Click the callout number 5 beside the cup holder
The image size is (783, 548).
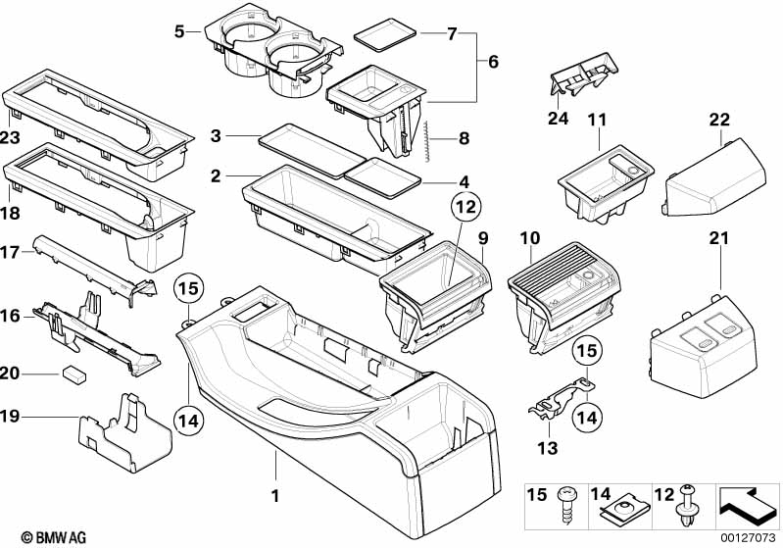click(179, 32)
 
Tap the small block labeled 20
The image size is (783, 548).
click(74, 374)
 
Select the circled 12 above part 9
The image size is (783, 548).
click(465, 206)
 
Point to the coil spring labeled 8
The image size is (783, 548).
click(429, 141)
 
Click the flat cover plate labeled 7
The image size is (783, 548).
click(384, 34)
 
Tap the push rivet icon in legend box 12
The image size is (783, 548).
click(688, 506)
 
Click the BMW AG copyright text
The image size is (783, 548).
click(54, 537)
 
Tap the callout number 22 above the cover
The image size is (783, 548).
click(719, 120)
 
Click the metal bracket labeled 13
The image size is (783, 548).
click(562, 401)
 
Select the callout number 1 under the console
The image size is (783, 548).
click(274, 495)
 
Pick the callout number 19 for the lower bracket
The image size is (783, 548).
click(10, 416)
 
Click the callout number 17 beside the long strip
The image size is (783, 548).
click(10, 252)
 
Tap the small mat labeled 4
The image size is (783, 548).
click(383, 177)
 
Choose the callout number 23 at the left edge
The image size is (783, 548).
click(10, 137)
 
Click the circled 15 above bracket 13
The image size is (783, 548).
click(587, 351)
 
